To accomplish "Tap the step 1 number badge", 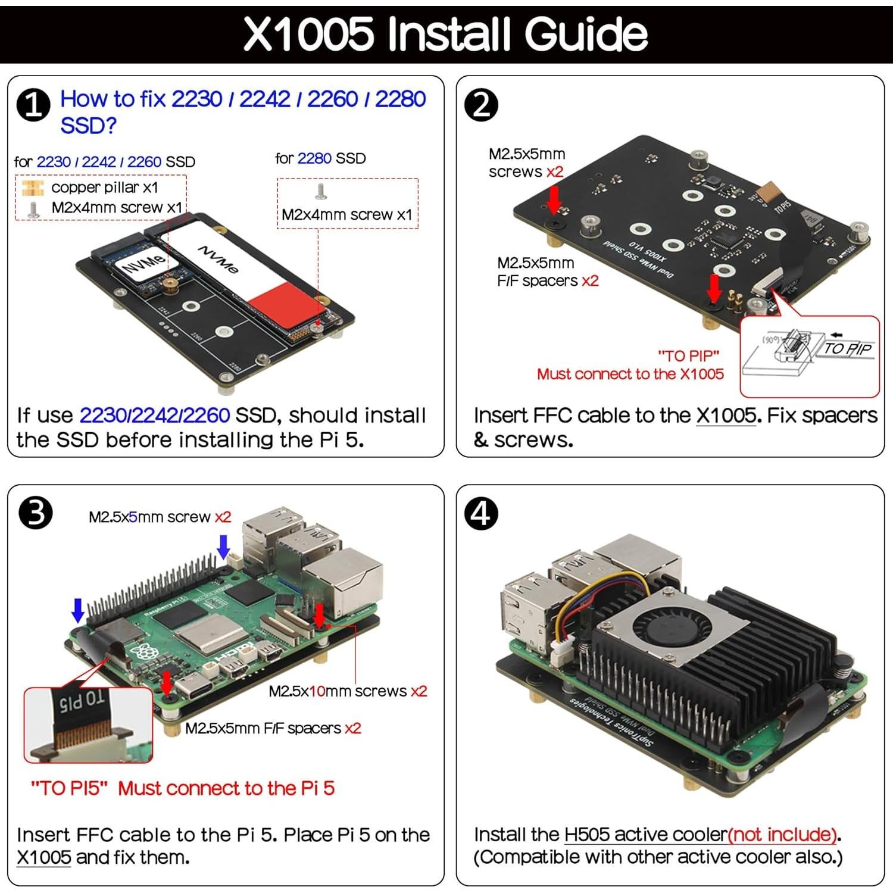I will (x=34, y=105).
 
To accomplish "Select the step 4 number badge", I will (x=481, y=513).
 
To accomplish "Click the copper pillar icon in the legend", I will (x=32, y=188).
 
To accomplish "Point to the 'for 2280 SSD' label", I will (x=320, y=158).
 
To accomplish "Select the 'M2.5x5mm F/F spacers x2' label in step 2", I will (x=548, y=271).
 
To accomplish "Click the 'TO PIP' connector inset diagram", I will (x=809, y=355).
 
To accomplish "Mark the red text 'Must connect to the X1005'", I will (x=630, y=374).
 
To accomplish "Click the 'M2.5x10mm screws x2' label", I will (x=348, y=691).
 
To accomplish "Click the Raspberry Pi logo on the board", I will (x=141, y=651).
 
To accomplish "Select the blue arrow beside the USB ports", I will (x=223, y=546).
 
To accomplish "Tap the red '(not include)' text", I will (x=783, y=835).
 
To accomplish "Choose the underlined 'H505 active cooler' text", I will (x=645, y=835).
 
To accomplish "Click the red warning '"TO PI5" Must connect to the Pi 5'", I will (x=182, y=788).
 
